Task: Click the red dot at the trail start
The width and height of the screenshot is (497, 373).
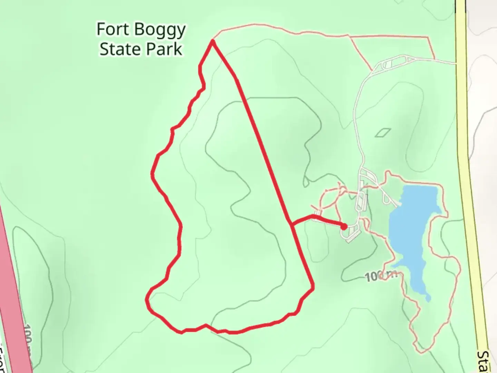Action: point(344,227)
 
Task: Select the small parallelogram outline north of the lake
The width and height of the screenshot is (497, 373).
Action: point(383,132)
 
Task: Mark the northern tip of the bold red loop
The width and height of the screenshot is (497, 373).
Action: point(213,41)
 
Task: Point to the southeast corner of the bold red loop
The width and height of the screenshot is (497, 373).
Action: point(313,288)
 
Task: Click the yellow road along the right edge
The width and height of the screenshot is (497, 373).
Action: point(469,173)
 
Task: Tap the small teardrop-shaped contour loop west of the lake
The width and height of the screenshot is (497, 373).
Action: point(306,181)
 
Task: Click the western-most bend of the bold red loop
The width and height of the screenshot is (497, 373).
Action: point(147,300)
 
